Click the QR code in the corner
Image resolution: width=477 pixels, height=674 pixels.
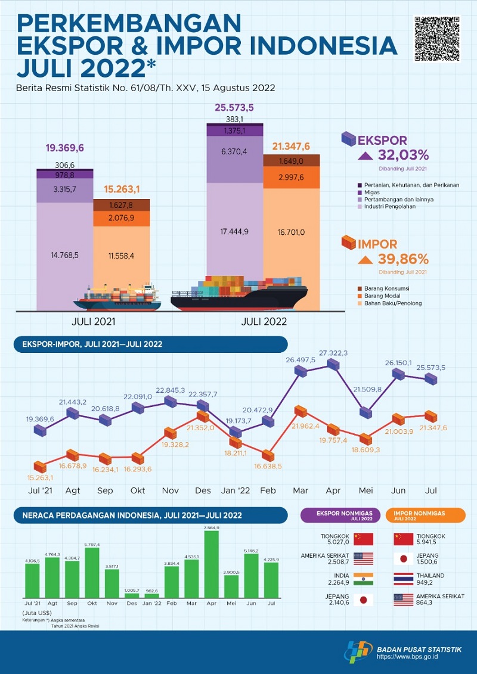tap(436, 39)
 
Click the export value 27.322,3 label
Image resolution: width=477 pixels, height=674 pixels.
tap(333, 353)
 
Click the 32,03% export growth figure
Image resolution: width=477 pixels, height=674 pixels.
tap(402, 156)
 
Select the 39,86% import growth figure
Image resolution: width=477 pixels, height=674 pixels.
tap(402, 259)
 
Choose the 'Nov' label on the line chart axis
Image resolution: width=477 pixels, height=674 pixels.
tap(171, 490)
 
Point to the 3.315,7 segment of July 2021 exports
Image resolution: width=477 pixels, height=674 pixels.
tap(64, 190)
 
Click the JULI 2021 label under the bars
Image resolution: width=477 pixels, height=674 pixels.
tap(92, 321)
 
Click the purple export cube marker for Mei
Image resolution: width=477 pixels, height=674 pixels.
tap(366, 413)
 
